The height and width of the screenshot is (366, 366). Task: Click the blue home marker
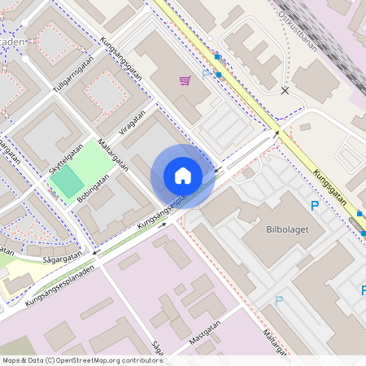[x=182, y=176]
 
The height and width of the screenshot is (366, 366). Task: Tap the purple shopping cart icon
[x=185, y=81]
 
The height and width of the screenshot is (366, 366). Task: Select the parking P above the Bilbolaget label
[x=314, y=207]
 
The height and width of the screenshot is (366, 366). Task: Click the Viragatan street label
[x=132, y=123]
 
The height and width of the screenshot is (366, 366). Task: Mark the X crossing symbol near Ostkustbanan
[x=285, y=90]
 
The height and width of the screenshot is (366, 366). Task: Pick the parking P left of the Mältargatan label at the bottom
[x=279, y=301]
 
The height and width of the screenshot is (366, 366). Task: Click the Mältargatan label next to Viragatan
[x=113, y=155]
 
